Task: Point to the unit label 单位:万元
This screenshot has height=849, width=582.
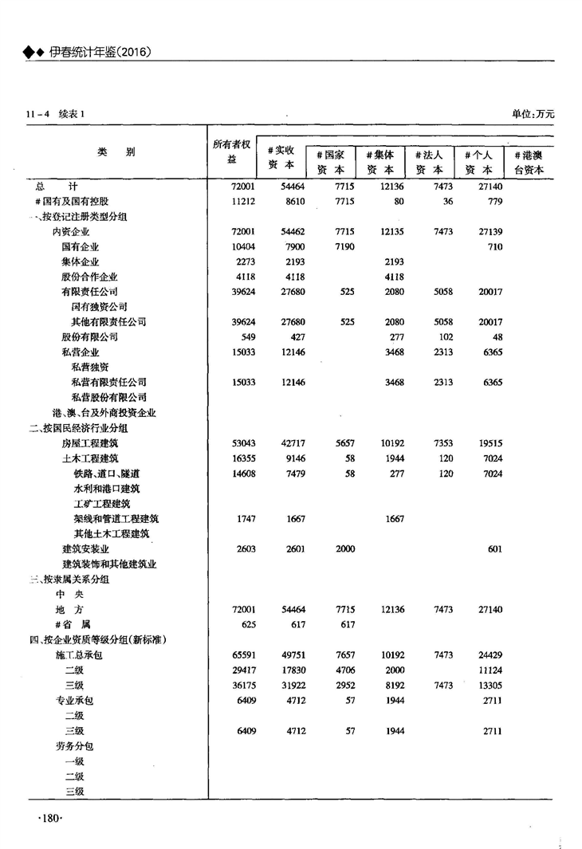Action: click(533, 114)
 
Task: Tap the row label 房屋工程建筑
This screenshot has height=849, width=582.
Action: click(90, 443)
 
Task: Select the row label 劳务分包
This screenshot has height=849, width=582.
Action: click(73, 746)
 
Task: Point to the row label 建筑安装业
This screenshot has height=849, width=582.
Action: click(85, 549)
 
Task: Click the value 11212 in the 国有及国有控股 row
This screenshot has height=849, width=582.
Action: click(242, 202)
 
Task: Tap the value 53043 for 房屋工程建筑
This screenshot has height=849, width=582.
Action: click(242, 443)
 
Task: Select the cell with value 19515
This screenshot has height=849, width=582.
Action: click(489, 443)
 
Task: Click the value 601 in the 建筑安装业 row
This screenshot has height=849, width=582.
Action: click(494, 549)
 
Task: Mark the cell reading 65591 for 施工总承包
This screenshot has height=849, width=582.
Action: click(242, 655)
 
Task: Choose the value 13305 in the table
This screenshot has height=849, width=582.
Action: click(489, 686)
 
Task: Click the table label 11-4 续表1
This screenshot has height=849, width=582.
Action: click(55, 114)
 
